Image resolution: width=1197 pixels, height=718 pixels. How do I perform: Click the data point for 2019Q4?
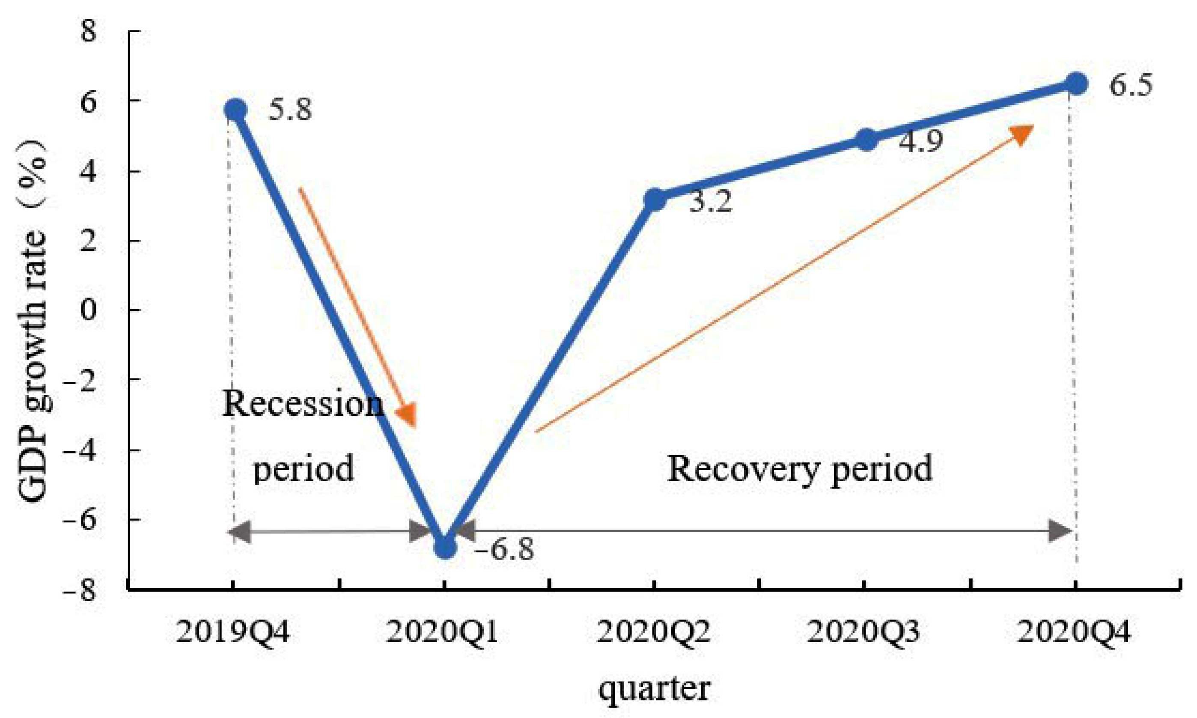(235, 110)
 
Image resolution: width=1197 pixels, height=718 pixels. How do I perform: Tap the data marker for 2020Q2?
(655, 200)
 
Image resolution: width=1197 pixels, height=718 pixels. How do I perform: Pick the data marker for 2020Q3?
(866, 140)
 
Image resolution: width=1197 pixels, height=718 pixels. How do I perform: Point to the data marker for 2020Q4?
(1076, 83)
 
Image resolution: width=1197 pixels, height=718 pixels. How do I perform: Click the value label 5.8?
(290, 110)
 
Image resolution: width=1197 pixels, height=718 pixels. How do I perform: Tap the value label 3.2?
(710, 201)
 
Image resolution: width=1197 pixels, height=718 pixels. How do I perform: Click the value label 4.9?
(920, 142)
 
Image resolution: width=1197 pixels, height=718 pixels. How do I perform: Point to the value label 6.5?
(1131, 86)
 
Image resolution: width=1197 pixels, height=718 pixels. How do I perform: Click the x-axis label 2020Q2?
(654, 632)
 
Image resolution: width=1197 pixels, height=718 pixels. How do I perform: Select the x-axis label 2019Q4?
(232, 632)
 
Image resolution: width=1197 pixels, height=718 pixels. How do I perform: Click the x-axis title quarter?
(654, 688)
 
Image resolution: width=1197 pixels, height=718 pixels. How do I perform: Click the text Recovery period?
(799, 468)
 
